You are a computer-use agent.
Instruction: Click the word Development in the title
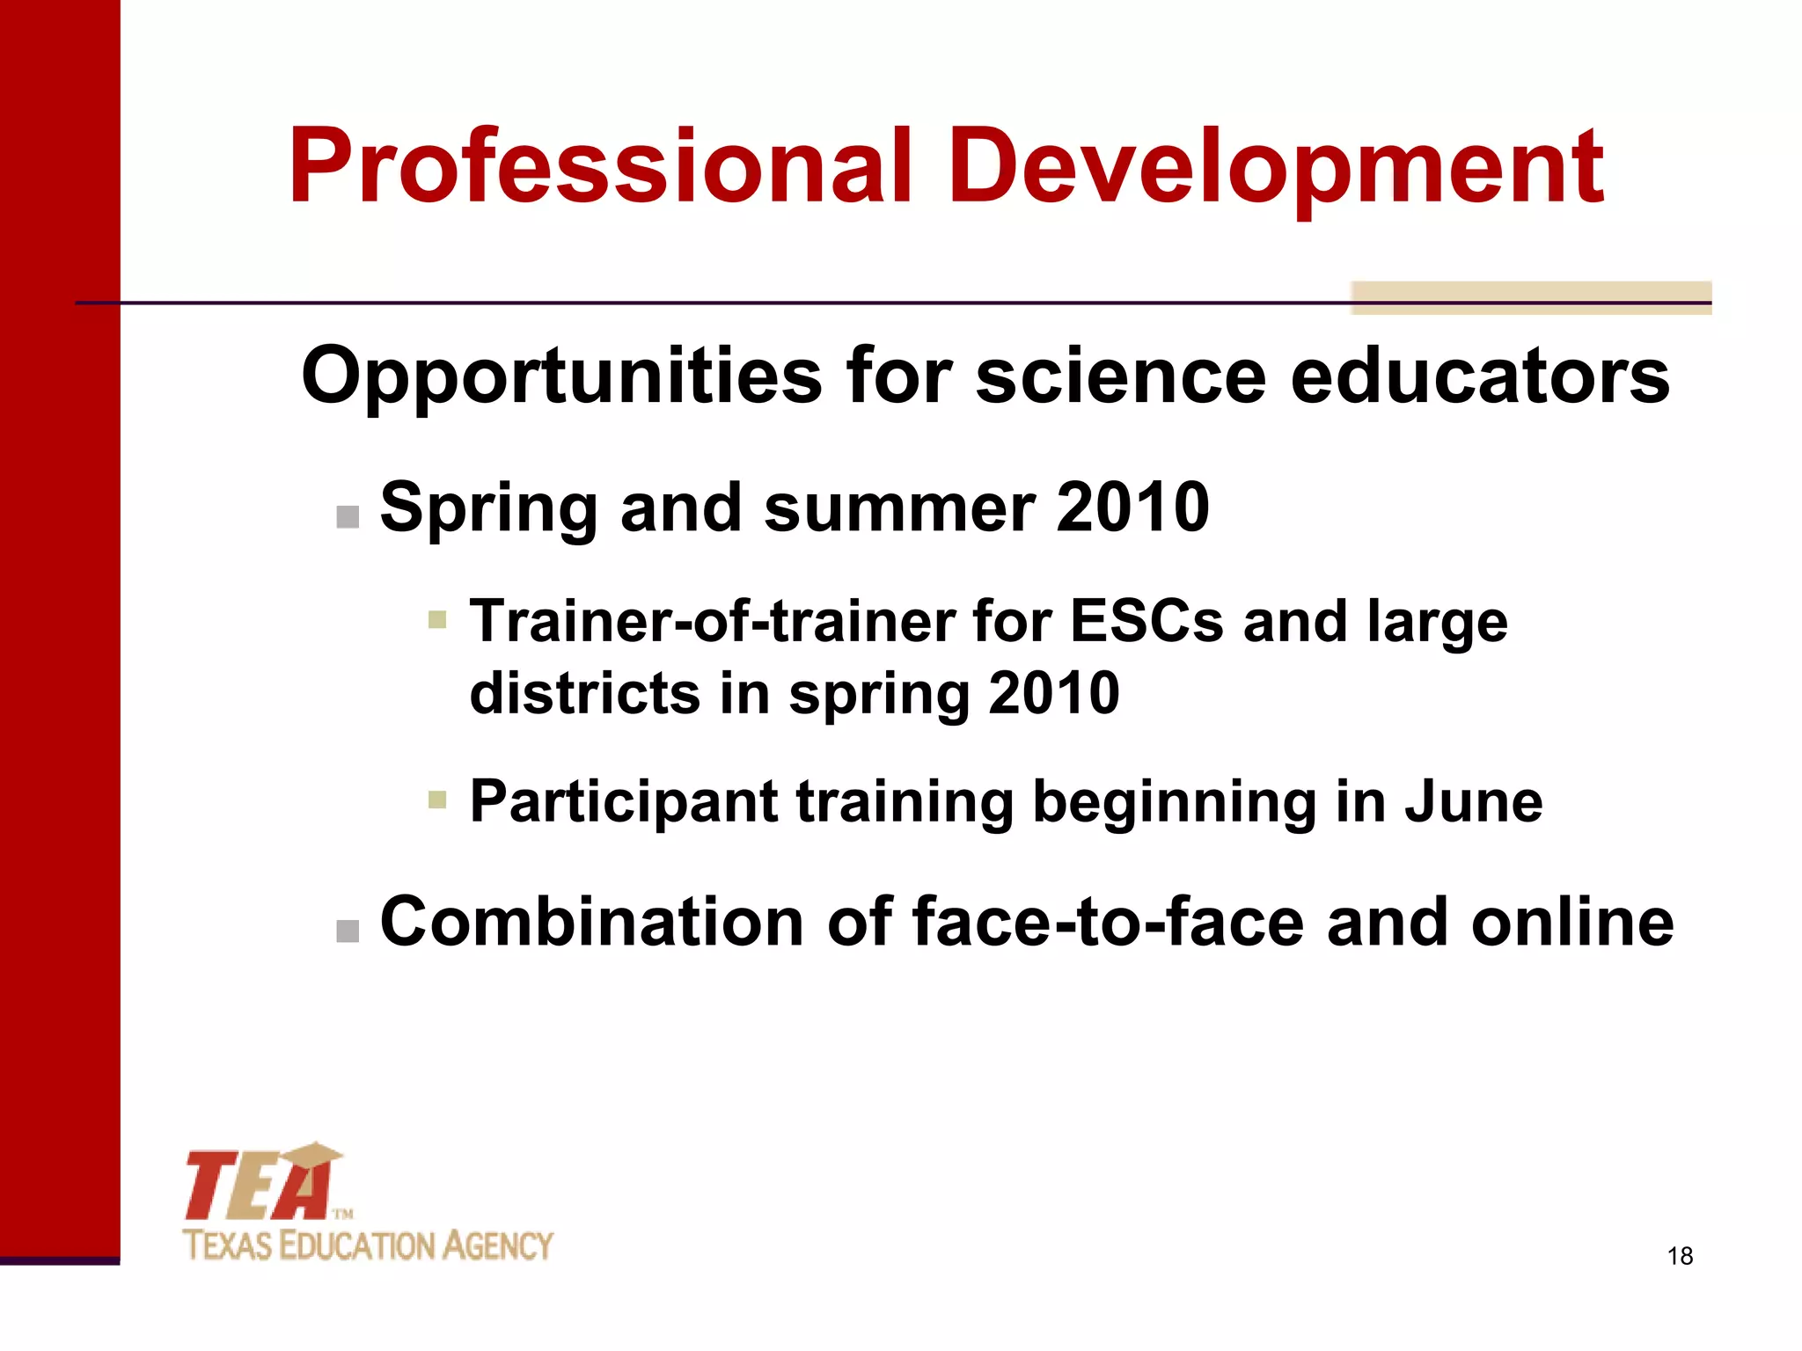click(x=1276, y=167)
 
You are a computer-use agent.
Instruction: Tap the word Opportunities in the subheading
click(x=563, y=376)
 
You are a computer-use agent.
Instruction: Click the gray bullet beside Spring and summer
click(x=348, y=516)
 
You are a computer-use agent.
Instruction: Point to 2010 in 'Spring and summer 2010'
click(x=1132, y=508)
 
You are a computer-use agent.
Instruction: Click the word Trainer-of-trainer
click(x=713, y=621)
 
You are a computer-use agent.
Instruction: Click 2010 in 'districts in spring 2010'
click(x=1053, y=693)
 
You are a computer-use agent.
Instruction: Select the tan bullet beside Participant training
click(x=437, y=800)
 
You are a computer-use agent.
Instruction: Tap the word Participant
click(x=624, y=803)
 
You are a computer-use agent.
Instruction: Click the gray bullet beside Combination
click(x=348, y=931)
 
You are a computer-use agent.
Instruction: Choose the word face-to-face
click(x=1109, y=922)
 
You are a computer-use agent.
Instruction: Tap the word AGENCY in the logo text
click(x=497, y=1246)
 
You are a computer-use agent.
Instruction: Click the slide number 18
click(x=1680, y=1256)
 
